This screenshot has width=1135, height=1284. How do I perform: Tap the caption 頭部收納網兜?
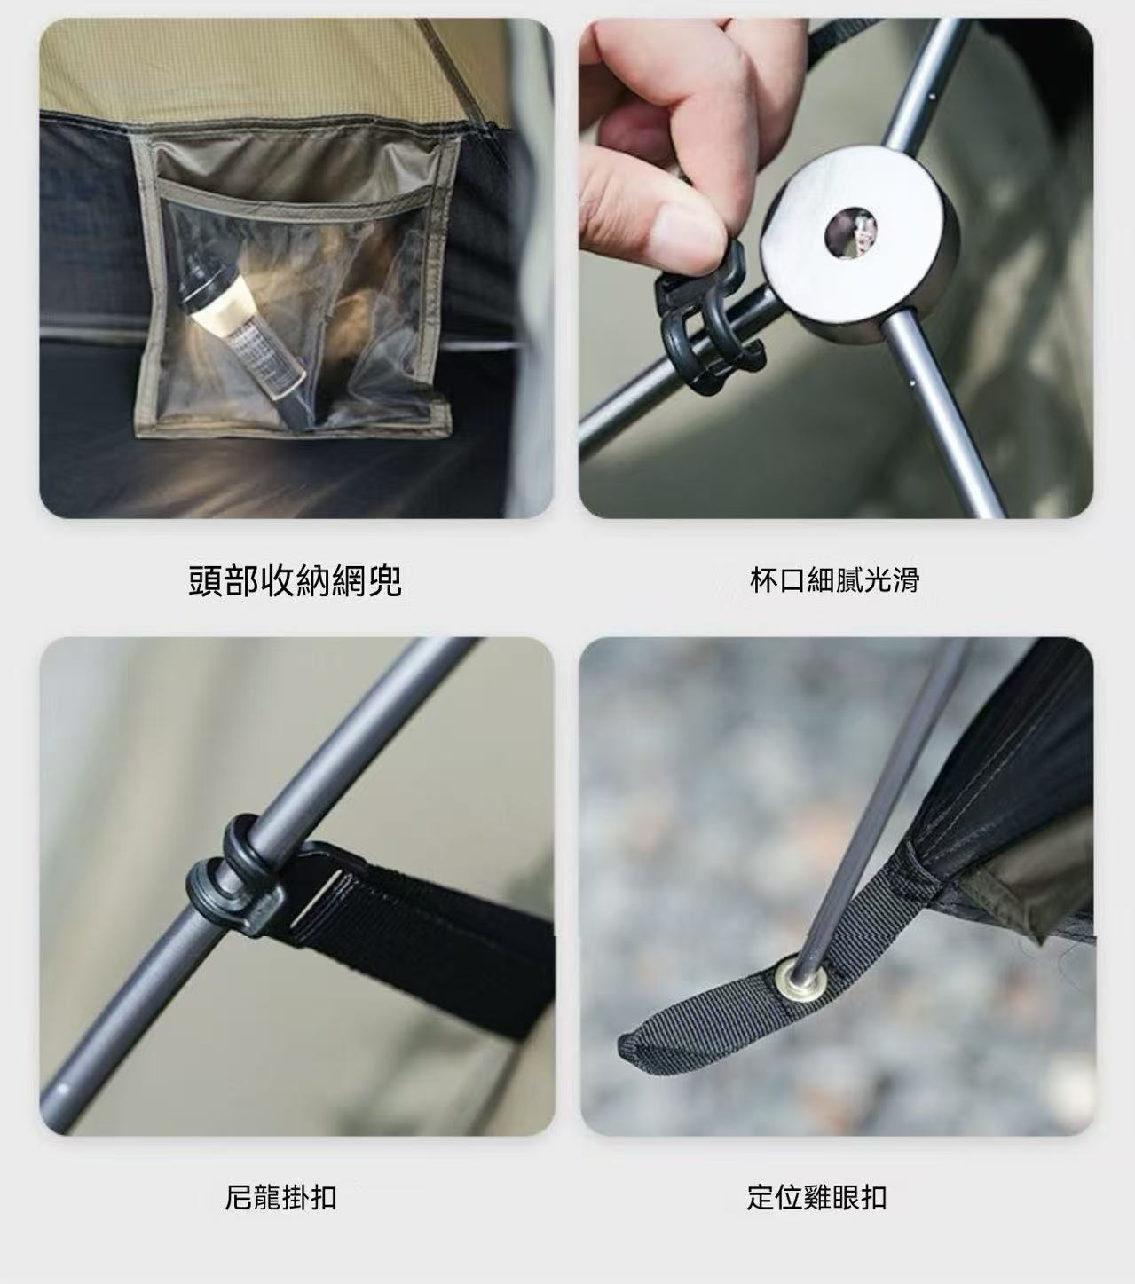click(295, 580)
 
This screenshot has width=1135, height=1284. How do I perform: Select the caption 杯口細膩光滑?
click(835, 580)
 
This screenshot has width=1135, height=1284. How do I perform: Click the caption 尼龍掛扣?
click(280, 1197)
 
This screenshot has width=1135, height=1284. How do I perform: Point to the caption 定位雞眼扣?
click(816, 1197)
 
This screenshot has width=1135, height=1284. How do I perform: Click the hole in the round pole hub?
click(850, 233)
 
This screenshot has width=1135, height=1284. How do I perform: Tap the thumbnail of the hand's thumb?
click(688, 234)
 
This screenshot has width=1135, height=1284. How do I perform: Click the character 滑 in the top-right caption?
click(906, 580)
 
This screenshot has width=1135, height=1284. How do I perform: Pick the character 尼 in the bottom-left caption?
click(239, 1197)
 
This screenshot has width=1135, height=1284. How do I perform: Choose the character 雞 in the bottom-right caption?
click(816, 1197)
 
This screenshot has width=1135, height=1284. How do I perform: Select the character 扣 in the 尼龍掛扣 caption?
click(323, 1197)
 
